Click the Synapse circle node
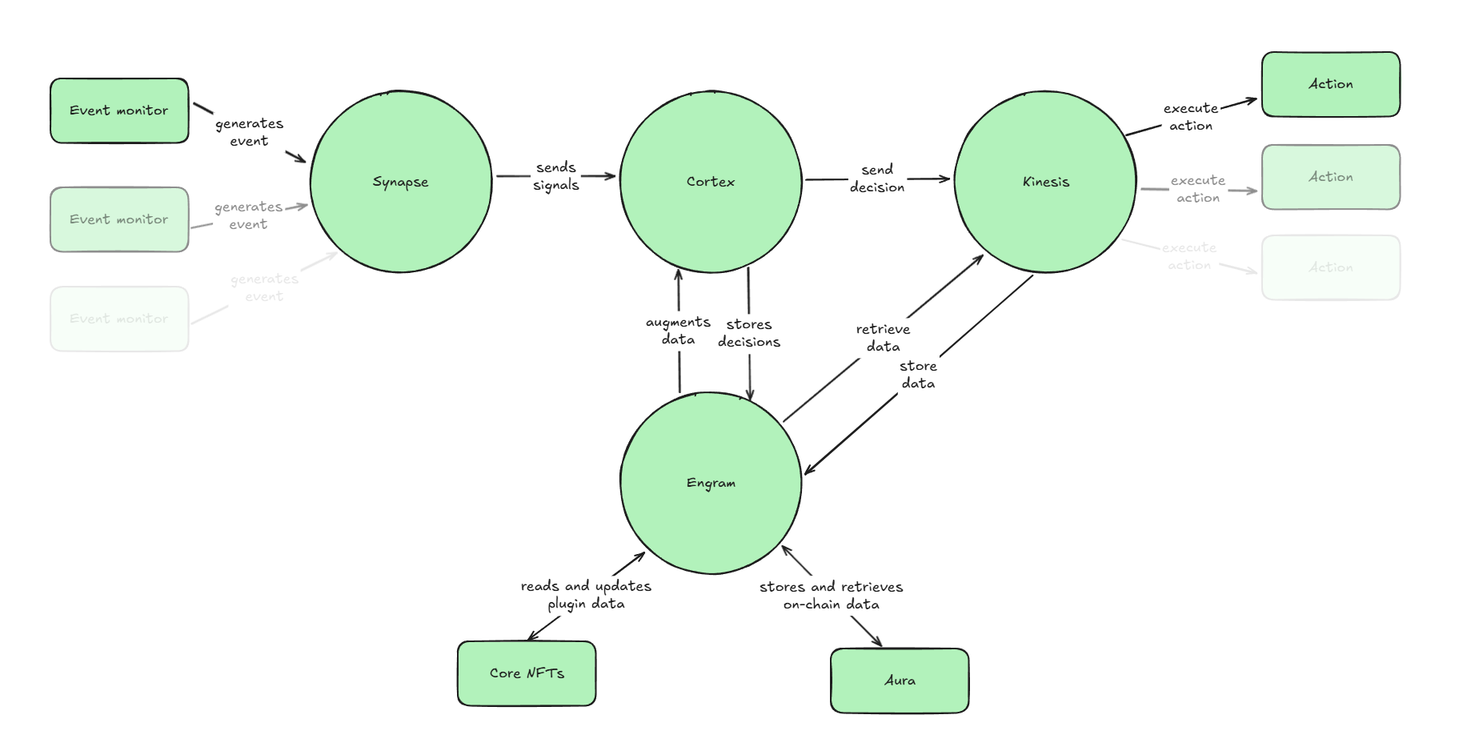point(400,182)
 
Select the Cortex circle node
point(710,182)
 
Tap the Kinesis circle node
point(1045,182)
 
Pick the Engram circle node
point(710,483)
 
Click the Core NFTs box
point(527,673)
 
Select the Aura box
point(900,681)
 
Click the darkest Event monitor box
point(119,110)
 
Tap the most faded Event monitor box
point(119,319)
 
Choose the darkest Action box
point(1330,84)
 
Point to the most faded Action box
point(1330,267)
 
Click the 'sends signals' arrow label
point(556,176)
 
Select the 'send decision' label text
point(877,179)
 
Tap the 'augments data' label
point(678,331)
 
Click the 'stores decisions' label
point(749,333)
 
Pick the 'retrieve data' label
point(883,338)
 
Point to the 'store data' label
point(918,375)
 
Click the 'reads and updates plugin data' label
point(586,595)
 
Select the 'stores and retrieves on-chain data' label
point(831,596)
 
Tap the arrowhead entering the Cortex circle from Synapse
point(611,176)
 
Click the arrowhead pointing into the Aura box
point(878,643)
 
